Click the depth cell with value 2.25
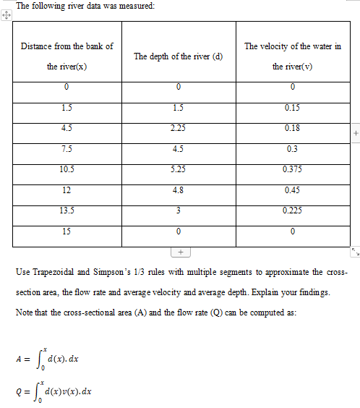pyautogui.click(x=178, y=129)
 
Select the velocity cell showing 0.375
pyautogui.click(x=293, y=170)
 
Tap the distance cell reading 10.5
pyautogui.click(x=67, y=170)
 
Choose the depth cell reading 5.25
pyautogui.click(x=178, y=170)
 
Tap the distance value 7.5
pyautogui.click(x=67, y=150)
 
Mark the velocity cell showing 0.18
pyautogui.click(x=293, y=129)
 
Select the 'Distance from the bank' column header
pyautogui.click(x=67, y=56)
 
